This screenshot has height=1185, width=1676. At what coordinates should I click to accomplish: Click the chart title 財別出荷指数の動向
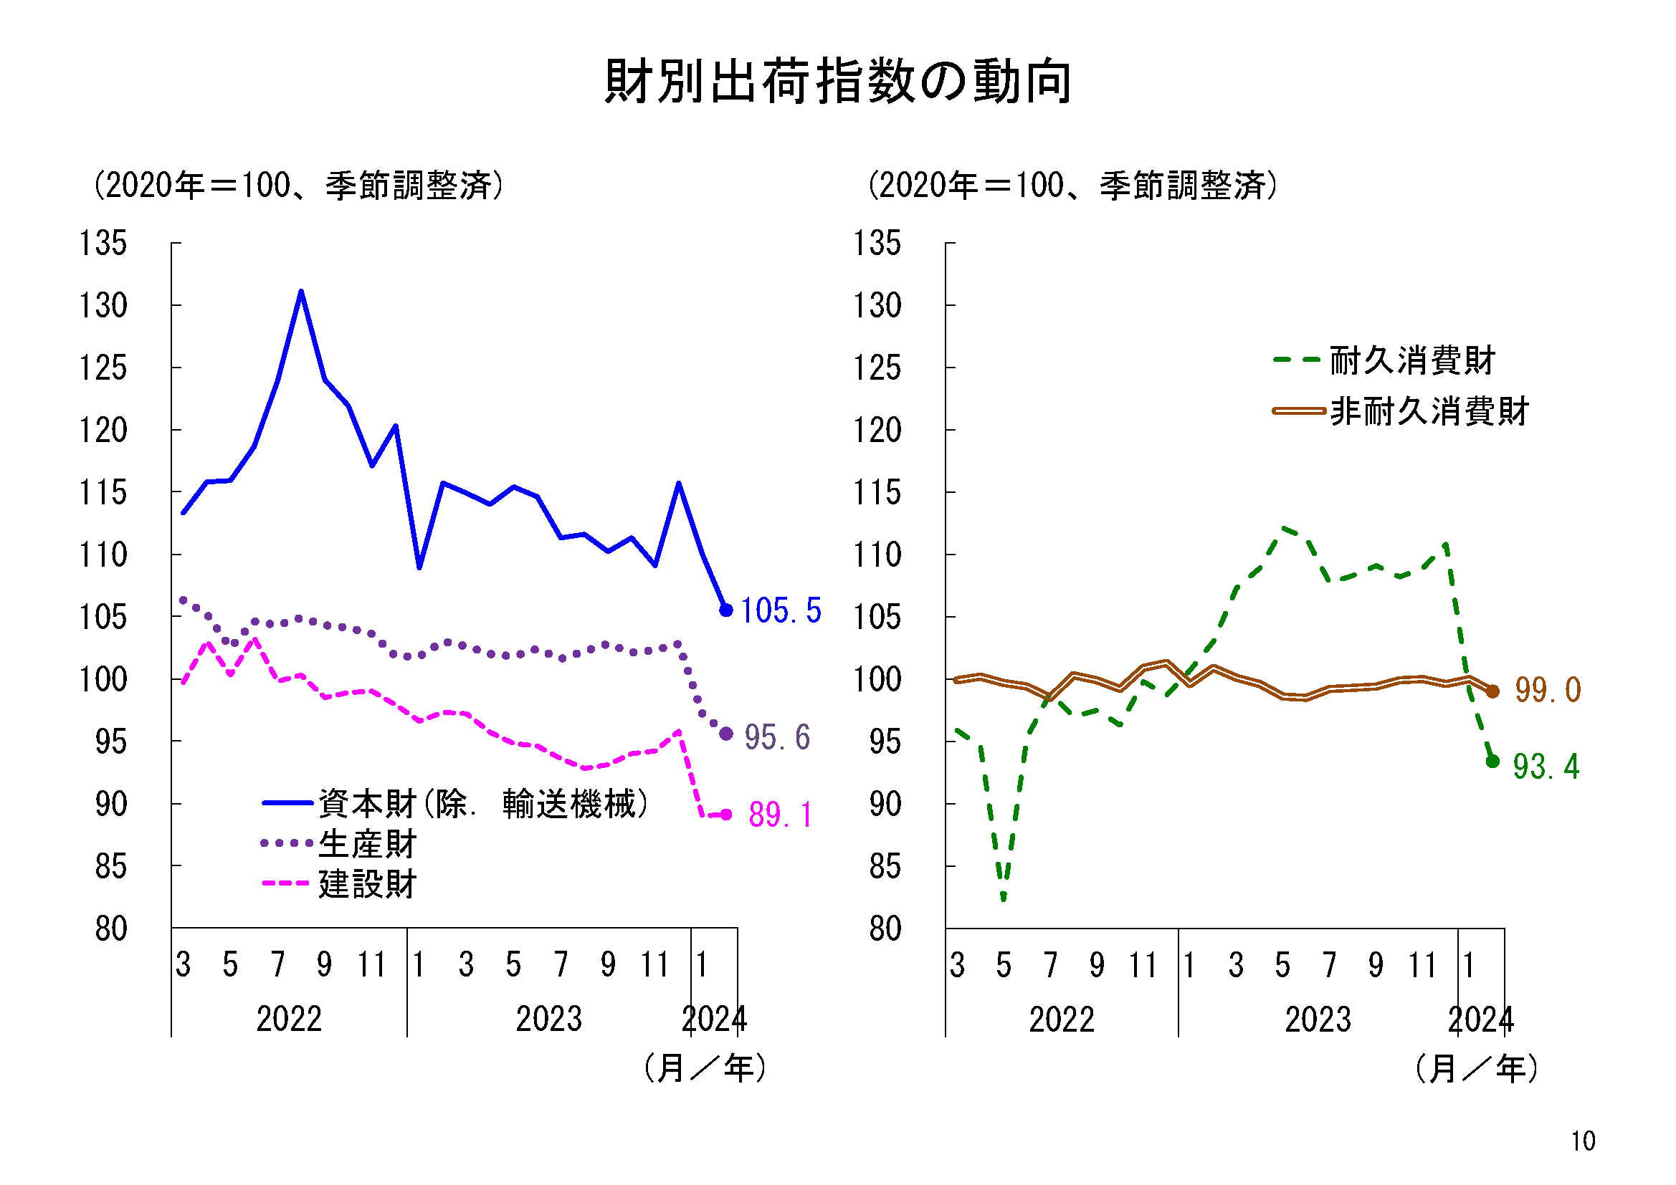click(x=838, y=81)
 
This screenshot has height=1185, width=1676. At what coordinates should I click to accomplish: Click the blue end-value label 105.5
click(x=781, y=610)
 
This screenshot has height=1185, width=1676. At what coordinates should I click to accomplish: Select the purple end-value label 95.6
click(x=776, y=738)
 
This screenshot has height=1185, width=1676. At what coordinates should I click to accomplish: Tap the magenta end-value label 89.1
click(x=781, y=815)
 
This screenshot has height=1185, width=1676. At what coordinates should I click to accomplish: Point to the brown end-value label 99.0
click(x=1548, y=690)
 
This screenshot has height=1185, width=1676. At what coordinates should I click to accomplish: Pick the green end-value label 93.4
click(x=1546, y=767)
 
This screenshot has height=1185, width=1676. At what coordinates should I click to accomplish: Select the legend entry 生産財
click(x=367, y=844)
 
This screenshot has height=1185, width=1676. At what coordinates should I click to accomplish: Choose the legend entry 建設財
click(x=367, y=884)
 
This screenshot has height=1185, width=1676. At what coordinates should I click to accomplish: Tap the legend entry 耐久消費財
click(x=1411, y=360)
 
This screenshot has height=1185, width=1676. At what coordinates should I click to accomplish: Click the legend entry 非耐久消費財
click(x=1429, y=411)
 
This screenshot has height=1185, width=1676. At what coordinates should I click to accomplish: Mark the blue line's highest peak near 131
click(x=301, y=292)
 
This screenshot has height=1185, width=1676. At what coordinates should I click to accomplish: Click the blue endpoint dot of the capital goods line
click(x=725, y=610)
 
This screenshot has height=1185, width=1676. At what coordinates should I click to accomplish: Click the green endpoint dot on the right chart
click(x=1492, y=761)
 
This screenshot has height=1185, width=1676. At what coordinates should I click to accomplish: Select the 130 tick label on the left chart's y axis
click(x=103, y=306)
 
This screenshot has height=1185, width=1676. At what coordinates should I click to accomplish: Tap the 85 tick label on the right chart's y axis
click(x=885, y=867)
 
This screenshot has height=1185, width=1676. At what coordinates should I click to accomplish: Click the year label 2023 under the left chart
click(x=549, y=1020)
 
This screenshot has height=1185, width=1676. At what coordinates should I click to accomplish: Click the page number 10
click(x=1583, y=1141)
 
